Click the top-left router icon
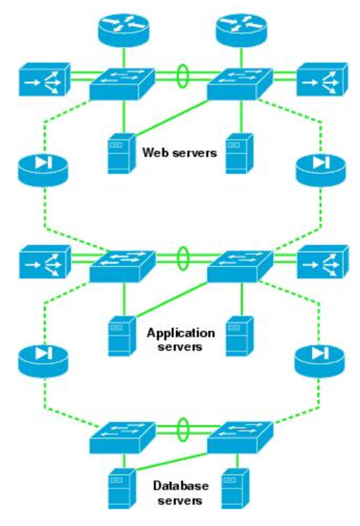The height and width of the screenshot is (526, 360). pos(124,30)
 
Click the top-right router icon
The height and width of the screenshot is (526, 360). pos(241,30)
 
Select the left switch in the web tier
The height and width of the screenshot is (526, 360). pos(122,84)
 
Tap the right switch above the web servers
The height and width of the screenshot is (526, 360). pos(240,84)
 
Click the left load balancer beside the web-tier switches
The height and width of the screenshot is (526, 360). pos(44,80)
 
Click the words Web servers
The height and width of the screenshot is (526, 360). pos(180,153)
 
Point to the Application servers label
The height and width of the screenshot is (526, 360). pos(180,339)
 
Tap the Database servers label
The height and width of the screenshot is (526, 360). pos(180,492)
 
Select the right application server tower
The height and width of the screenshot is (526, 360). pos(240,336)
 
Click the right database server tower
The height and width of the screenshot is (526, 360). pos(236,489)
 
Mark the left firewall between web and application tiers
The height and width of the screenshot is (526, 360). pos(43,170)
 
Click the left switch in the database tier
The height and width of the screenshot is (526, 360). pos(122,438)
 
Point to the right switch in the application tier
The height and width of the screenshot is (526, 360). pos(240,267)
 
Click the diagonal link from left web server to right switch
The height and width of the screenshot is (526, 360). pos(171,117)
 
